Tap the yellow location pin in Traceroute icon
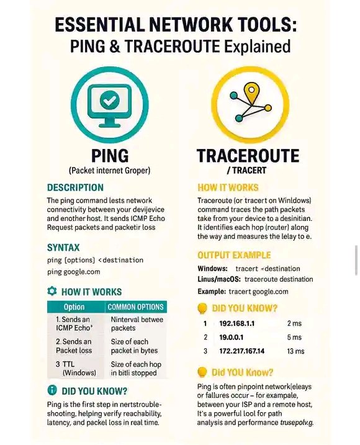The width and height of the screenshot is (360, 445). click(x=251, y=92)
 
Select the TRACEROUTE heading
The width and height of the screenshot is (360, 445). click(x=248, y=155)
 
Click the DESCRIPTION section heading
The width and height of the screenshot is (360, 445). click(x=75, y=187)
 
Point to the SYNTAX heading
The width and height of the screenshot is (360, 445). click(x=63, y=247)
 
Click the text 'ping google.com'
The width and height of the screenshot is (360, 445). click(x=74, y=272)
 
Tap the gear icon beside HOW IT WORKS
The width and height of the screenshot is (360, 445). click(x=52, y=291)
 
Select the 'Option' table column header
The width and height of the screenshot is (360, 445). click(x=74, y=307)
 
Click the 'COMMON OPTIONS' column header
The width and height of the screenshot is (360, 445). click(x=136, y=307)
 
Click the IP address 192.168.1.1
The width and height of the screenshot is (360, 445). click(x=237, y=324)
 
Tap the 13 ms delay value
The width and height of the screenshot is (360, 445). click(x=295, y=351)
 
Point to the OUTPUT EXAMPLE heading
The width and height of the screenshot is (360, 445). click(x=234, y=255)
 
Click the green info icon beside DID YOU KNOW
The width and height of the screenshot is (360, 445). click(x=52, y=391)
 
